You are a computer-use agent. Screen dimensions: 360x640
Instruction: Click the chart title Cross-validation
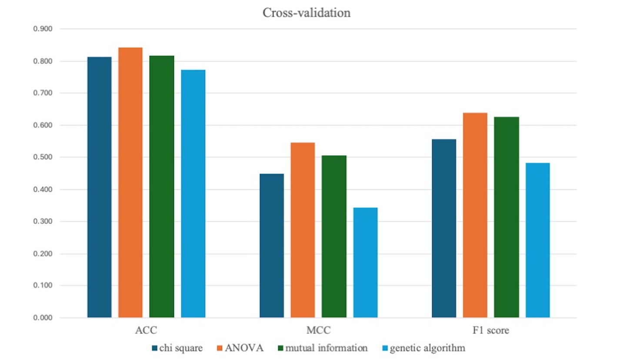pos(306,13)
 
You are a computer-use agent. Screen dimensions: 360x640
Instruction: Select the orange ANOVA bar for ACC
pos(130,183)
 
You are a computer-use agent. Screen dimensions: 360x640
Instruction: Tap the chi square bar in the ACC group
pos(99,187)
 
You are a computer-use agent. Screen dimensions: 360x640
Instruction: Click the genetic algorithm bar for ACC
pos(193,193)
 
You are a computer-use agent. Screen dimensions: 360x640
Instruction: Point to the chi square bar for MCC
pos(272,246)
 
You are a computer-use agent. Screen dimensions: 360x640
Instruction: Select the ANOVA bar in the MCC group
pos(303,230)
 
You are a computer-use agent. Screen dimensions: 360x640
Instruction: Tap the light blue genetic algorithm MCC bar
pos(365,263)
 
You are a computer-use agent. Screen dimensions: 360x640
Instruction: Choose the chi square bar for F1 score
pos(444,228)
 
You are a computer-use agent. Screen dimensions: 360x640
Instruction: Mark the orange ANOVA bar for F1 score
pos(475,215)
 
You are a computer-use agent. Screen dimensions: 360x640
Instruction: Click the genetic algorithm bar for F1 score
pos(537,240)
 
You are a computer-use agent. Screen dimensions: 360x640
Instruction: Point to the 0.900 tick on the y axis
pos(43,29)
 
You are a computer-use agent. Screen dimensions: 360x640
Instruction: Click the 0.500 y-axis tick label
pos(43,157)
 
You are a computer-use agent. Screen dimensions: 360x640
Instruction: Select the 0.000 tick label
pos(43,318)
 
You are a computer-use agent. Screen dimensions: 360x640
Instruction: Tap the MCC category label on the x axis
pos(318,330)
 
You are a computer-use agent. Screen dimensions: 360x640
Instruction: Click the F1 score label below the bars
pos(490,330)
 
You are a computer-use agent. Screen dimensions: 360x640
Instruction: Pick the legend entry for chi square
pos(177,348)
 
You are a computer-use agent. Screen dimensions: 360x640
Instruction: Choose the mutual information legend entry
pos(323,348)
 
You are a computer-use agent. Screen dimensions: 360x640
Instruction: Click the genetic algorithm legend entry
pos(423,348)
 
